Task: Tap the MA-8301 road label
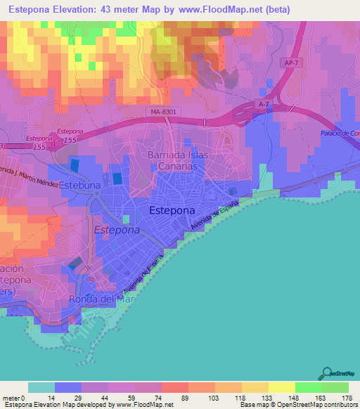click(163, 111)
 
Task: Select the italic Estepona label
click(117, 230)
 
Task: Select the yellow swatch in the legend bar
click(281, 387)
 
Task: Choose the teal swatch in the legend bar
click(41, 387)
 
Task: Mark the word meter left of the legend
click(11, 397)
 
